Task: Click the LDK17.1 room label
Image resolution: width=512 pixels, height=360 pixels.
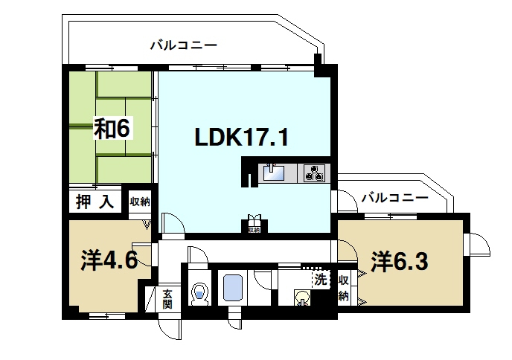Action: point(241,137)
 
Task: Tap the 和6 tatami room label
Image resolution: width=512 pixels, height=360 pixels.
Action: point(112,128)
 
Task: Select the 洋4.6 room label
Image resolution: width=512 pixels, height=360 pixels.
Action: point(109,262)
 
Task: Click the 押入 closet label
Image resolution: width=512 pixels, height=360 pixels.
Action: point(96,202)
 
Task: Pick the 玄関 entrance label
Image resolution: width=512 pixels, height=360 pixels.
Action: point(167,299)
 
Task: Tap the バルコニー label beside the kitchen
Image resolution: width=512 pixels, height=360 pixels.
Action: point(394,198)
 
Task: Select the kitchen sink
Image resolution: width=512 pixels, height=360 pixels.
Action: point(272,173)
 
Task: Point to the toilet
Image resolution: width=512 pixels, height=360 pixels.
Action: point(199,293)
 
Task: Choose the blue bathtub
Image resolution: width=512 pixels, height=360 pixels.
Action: point(233,288)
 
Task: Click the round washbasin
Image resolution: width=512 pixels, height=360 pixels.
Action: point(302,299)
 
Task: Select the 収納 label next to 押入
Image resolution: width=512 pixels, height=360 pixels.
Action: point(140,202)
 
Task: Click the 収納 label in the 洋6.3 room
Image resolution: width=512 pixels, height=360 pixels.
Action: point(343,288)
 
